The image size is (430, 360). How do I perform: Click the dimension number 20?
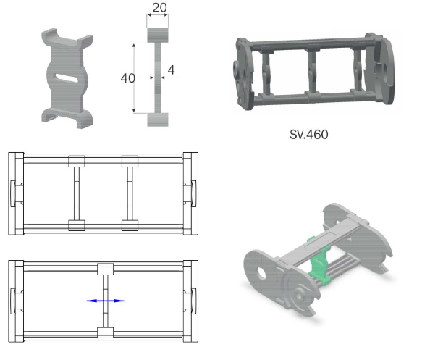(159, 7)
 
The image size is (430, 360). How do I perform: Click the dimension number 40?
(128, 78)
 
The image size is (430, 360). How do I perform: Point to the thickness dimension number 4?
(171, 70)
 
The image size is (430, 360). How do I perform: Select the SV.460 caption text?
(309, 135)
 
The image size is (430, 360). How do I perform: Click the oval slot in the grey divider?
(67, 78)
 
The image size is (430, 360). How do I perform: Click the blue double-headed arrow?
(105, 301)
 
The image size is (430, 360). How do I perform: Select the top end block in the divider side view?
(158, 35)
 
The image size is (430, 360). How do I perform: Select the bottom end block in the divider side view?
(158, 120)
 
